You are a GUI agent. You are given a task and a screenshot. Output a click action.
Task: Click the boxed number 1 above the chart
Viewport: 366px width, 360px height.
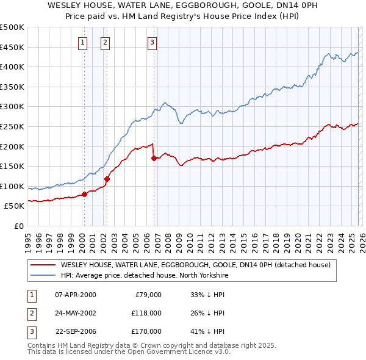(82, 43)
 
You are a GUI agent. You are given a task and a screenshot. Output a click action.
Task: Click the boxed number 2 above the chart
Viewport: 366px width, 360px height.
(105, 43)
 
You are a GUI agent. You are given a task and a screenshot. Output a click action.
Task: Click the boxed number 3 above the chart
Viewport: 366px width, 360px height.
(151, 43)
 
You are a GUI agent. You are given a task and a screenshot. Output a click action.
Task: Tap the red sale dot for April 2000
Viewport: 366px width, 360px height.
(85, 194)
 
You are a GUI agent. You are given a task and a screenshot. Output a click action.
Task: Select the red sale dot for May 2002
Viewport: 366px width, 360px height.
(107, 179)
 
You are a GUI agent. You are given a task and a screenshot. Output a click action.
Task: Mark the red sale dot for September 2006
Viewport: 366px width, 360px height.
(154, 158)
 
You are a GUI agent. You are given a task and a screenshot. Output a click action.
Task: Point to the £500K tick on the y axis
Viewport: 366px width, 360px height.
(12, 27)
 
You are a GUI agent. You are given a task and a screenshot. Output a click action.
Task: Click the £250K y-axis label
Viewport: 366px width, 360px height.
(12, 126)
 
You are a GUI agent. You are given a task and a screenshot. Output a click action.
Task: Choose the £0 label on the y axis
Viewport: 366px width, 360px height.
(19, 226)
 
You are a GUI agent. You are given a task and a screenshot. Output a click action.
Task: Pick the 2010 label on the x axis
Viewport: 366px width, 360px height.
(189, 237)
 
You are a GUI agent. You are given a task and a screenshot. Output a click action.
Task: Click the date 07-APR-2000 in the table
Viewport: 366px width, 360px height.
(75, 295)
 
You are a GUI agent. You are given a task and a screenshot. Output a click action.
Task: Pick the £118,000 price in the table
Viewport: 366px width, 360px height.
(147, 313)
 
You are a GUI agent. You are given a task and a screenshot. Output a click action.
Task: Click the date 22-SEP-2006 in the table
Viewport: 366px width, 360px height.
(75, 331)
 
